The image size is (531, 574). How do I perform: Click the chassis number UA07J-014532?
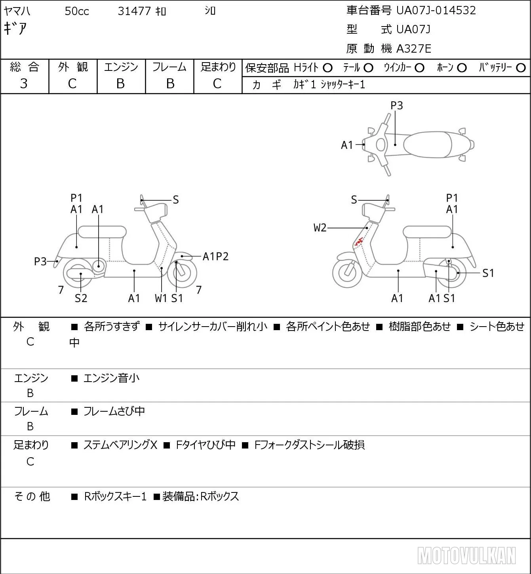click(x=436, y=11)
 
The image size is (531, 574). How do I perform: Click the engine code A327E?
click(x=413, y=49)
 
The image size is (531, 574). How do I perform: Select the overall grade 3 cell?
click(x=24, y=84)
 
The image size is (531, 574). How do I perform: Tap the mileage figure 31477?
click(x=134, y=11)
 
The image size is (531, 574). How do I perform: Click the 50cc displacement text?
click(x=77, y=11)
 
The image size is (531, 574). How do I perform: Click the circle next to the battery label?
click(x=521, y=68)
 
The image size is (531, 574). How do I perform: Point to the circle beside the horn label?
click(x=462, y=68)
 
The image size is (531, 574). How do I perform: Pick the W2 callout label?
click(x=320, y=228)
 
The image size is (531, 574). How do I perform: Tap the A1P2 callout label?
click(x=215, y=257)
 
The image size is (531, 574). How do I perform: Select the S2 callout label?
click(x=81, y=298)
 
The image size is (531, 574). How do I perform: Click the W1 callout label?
click(x=161, y=298)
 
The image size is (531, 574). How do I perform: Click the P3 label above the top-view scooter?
click(x=396, y=105)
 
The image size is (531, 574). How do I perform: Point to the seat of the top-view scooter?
click(x=427, y=145)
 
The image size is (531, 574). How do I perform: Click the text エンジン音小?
click(x=111, y=378)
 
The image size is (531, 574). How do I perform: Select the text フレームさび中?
click(x=114, y=411)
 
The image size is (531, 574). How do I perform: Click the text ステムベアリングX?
click(x=120, y=445)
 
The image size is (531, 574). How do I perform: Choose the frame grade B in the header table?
click(x=170, y=84)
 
